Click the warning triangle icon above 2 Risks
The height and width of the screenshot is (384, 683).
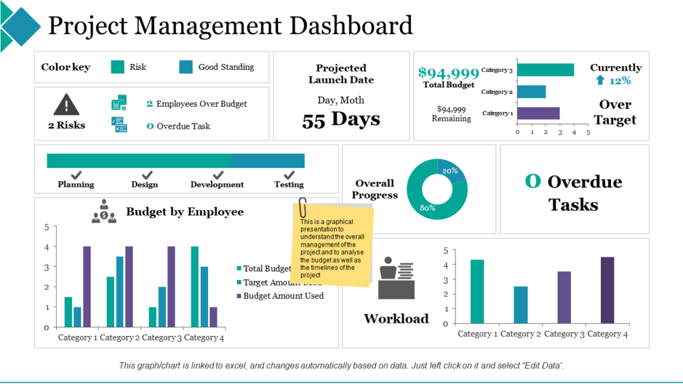(66, 104)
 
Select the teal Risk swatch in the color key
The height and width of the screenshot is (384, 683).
(117, 67)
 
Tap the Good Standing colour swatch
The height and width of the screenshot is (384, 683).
(186, 67)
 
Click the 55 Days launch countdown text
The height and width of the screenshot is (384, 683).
(341, 120)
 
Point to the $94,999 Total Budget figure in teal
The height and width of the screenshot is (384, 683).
(448, 73)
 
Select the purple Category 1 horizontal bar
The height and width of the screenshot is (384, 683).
(538, 113)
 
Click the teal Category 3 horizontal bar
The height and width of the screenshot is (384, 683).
(545, 70)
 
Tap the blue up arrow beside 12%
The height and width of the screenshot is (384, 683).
(600, 81)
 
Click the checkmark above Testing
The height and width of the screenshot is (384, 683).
(289, 175)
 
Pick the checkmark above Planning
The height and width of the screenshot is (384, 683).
(76, 175)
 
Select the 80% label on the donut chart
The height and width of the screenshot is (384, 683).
(428, 207)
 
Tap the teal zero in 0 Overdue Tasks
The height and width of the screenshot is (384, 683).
(532, 181)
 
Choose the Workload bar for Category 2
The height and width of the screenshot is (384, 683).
(520, 305)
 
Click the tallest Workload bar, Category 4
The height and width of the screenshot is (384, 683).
(607, 290)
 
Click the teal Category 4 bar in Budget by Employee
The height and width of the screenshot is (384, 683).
(195, 287)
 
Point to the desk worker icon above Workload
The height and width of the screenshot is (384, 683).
(396, 278)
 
